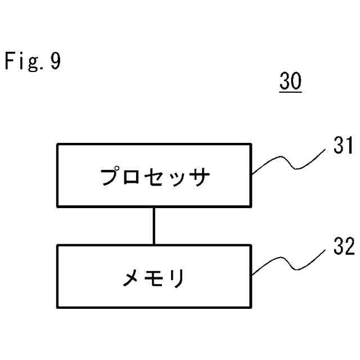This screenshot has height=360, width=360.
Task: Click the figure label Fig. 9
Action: point(32,61)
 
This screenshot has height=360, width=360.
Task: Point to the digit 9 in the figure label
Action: point(55,61)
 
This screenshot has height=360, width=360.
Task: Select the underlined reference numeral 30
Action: point(290,82)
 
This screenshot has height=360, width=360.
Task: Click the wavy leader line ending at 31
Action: point(290,163)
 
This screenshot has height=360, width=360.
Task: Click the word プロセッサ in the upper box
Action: point(155,178)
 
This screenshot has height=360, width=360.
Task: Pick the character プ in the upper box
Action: point(112,178)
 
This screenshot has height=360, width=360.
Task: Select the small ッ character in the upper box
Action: point(176,179)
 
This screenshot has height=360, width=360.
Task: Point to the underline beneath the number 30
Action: point(290,92)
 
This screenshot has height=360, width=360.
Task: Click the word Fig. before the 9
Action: point(24,61)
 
